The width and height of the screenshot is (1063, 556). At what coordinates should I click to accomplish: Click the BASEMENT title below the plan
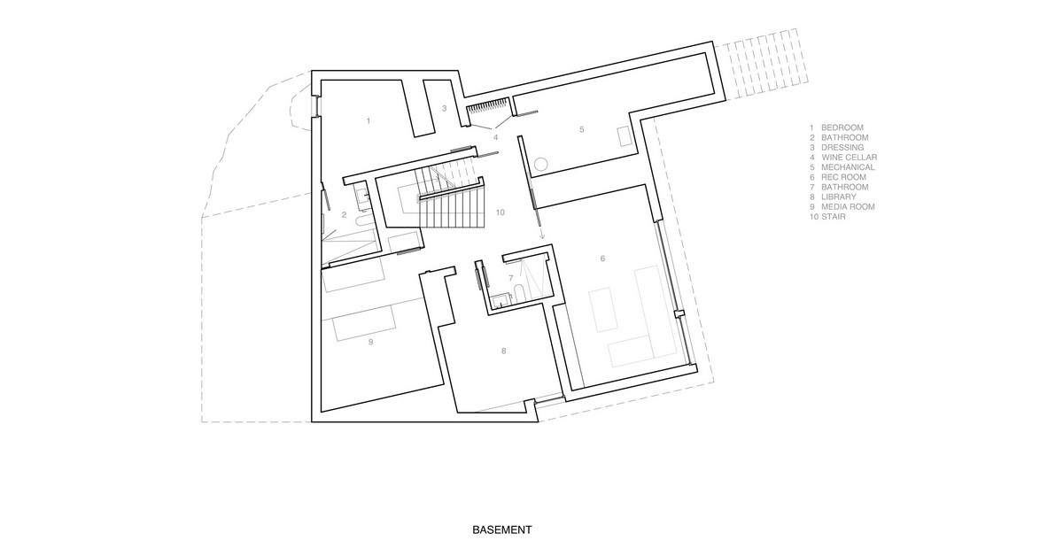click(502, 530)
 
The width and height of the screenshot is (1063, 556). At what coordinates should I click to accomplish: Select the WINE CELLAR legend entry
click(843, 157)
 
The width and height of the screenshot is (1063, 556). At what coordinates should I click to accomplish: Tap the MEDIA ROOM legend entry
click(842, 206)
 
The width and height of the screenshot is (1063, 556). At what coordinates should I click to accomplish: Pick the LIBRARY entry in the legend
click(833, 197)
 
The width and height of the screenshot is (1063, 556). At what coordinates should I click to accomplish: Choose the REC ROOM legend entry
click(838, 177)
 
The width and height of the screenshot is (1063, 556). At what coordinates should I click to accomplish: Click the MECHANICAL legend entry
click(842, 167)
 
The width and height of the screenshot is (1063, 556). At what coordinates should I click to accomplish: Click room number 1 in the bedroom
click(369, 121)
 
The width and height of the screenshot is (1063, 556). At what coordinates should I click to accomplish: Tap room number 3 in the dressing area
click(444, 109)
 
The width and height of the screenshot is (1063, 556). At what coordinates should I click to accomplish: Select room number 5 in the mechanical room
click(582, 129)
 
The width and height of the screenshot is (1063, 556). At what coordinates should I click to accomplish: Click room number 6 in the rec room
click(602, 259)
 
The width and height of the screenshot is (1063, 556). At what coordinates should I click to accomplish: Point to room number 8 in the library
click(503, 351)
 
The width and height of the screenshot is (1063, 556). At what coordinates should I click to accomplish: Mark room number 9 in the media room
click(370, 342)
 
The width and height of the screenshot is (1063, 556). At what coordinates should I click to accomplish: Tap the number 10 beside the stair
click(500, 212)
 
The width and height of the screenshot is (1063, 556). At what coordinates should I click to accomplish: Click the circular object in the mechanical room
click(541, 164)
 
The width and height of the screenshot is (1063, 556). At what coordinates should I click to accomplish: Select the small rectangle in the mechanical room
click(624, 136)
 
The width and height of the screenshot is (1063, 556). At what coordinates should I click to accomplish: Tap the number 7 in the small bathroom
click(511, 278)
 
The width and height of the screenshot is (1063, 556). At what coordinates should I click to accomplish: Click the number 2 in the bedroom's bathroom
click(344, 215)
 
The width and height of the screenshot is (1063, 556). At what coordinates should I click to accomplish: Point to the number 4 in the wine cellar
click(495, 137)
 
